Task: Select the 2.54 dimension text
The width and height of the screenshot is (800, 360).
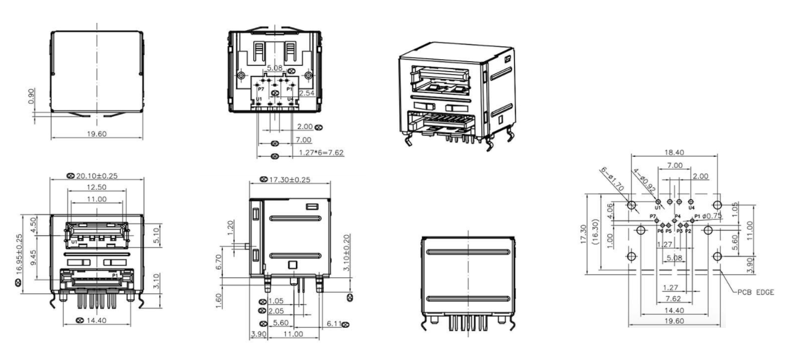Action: pyautogui.click(x=307, y=93)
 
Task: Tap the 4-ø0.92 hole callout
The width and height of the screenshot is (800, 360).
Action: pyautogui.click(x=641, y=179)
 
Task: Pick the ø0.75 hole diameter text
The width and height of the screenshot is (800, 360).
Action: pyautogui.click(x=712, y=216)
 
